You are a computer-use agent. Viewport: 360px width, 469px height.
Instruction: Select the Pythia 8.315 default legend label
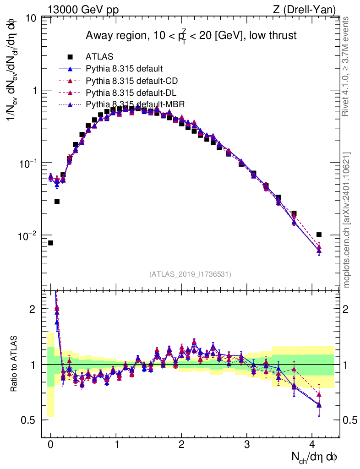tap(124, 69)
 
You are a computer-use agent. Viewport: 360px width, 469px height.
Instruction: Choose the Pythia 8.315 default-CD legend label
tap(132, 81)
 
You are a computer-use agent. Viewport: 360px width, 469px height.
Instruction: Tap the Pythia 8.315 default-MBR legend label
tap(135, 105)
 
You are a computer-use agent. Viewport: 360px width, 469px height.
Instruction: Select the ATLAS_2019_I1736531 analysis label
tap(190, 274)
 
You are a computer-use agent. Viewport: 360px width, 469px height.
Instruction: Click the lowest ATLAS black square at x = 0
tap(50, 243)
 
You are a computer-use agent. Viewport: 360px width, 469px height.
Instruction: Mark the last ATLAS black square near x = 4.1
tap(319, 235)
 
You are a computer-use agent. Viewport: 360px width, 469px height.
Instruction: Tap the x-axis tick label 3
tap(247, 444)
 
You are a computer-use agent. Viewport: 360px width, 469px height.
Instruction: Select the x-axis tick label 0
tap(50, 444)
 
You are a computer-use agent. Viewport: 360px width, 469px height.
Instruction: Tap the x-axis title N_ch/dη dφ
tap(315, 456)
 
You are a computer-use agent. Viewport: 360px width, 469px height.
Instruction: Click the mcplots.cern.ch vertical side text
tap(347, 220)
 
